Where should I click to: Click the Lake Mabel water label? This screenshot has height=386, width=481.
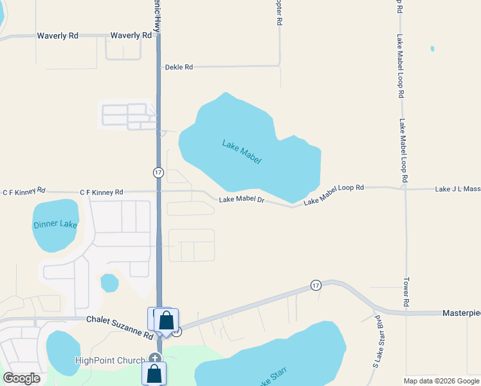242,152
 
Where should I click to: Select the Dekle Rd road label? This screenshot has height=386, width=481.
179,67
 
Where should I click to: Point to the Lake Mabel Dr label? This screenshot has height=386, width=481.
242,200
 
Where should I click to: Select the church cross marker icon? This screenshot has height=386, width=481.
154,358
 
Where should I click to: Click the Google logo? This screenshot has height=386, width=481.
22,378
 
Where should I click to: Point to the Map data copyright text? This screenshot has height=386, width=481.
440,381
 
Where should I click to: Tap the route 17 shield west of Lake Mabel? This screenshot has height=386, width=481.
158,172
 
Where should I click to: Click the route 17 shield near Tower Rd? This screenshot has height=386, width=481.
316,285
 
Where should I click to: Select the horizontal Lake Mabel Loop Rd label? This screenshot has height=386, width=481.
334,195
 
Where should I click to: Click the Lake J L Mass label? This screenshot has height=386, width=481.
457,189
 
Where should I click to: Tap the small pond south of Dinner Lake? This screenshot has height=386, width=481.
109,282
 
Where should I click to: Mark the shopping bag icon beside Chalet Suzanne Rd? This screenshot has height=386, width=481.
166,320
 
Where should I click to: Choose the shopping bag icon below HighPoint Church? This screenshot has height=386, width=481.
154,373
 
